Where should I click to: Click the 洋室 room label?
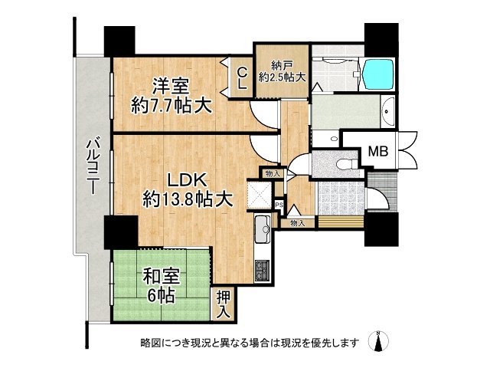[x=169, y=84]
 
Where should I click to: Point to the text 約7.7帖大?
[x=170, y=105]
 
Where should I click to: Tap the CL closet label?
[x=241, y=77]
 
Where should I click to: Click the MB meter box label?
[x=379, y=152]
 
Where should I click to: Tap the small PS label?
[x=279, y=205]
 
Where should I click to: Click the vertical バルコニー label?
[x=91, y=165]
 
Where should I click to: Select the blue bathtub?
[x=379, y=74]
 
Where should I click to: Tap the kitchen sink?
[x=262, y=226]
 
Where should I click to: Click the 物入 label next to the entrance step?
[x=296, y=223]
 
